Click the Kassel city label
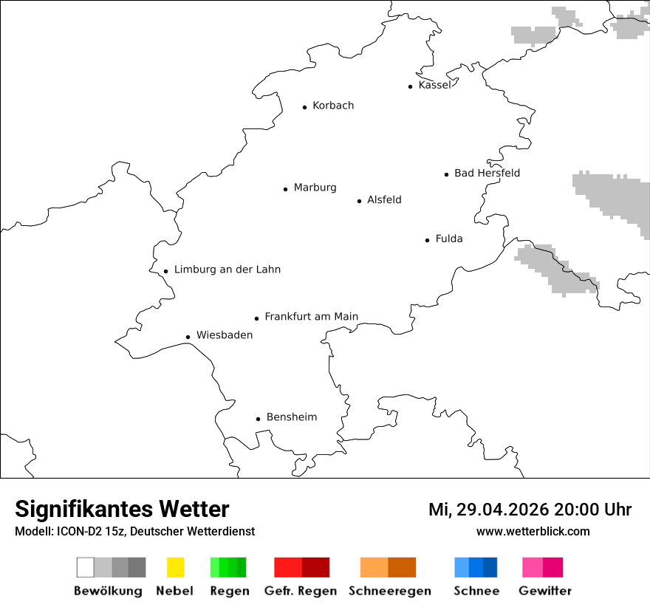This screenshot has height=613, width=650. [x=434, y=85]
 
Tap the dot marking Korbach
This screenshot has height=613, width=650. [x=304, y=107]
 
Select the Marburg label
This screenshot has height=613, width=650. [x=315, y=188]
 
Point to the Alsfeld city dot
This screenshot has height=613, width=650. [x=360, y=201]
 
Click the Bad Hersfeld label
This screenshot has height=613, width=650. [x=487, y=173]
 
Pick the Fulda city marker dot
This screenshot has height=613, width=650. [x=428, y=240]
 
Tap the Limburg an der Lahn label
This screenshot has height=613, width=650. [x=227, y=270]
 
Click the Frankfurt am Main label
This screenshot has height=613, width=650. [x=311, y=317]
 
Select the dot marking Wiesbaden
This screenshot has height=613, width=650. [x=188, y=337]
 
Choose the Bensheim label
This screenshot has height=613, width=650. [x=292, y=417]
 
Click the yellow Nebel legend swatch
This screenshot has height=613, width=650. [x=175, y=567]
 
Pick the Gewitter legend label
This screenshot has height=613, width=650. [x=545, y=591]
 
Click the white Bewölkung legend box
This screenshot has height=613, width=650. [x=86, y=567]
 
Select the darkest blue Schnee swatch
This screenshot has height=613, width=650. [x=490, y=567]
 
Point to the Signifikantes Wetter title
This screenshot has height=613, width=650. [x=122, y=509]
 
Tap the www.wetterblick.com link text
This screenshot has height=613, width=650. [x=533, y=531]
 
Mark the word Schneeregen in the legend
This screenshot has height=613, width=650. [x=390, y=591]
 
